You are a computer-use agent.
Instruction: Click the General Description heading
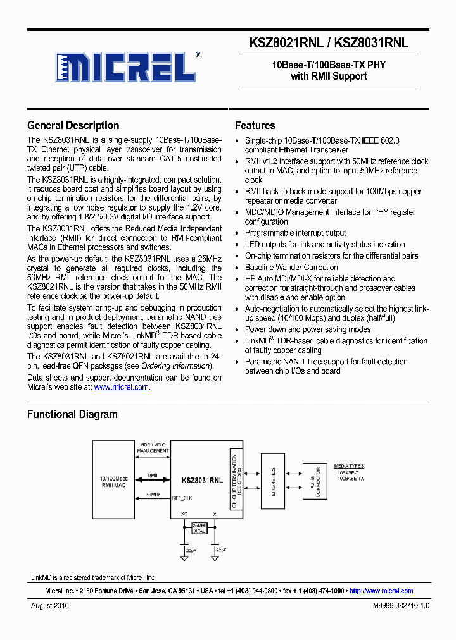pyautogui.click(x=73, y=125)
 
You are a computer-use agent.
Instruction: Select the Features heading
pyautogui.click(x=255, y=125)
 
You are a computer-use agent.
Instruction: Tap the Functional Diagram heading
pyautogui.click(x=72, y=414)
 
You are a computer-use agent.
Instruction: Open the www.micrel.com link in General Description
pyautogui.click(x=122, y=387)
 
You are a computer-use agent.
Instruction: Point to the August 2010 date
pyautogui.click(x=50, y=605)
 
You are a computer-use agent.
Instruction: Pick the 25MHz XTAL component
pyautogui.click(x=199, y=528)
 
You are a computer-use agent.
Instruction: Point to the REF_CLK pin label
pyautogui.click(x=182, y=498)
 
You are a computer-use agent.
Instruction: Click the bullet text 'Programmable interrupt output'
pyautogui.click(x=295, y=233)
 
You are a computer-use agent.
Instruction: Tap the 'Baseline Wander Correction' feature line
pyautogui.click(x=291, y=267)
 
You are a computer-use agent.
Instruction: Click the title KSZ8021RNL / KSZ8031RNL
pyautogui.click(x=329, y=43)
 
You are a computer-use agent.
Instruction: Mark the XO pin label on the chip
pyautogui.click(x=184, y=514)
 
